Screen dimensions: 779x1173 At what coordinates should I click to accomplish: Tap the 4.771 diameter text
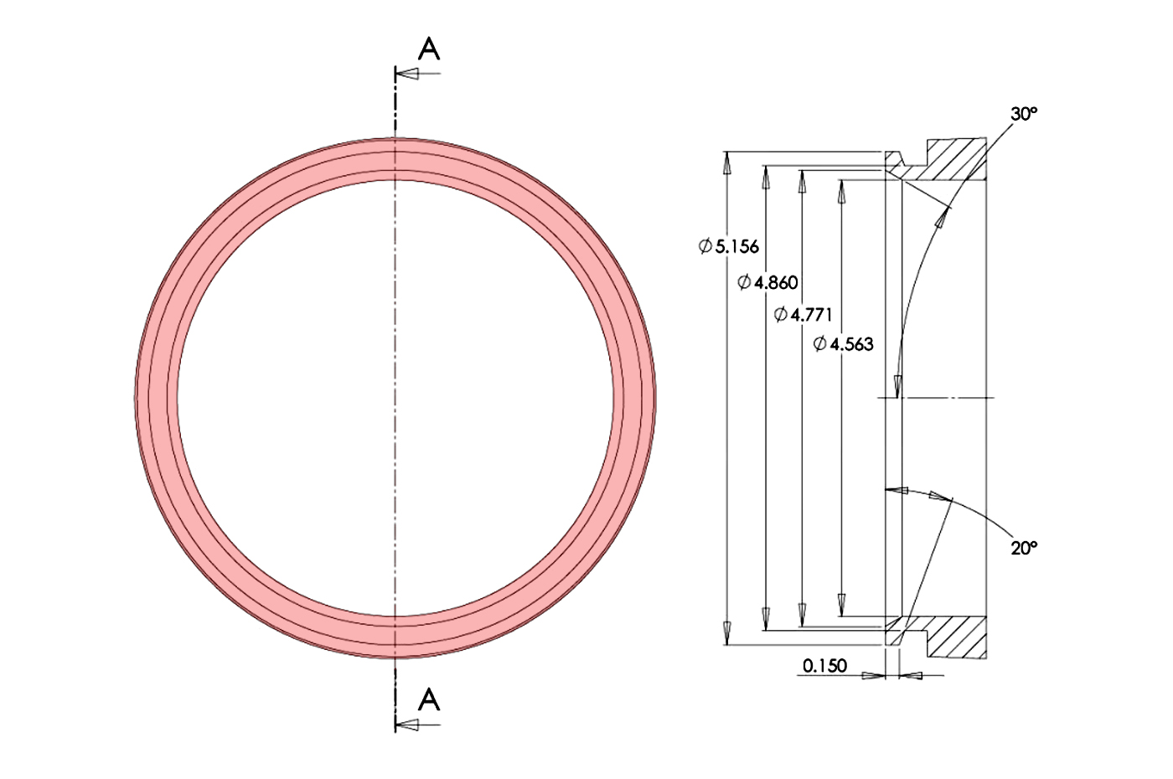(812, 314)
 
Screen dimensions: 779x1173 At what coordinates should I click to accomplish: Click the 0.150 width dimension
(824, 666)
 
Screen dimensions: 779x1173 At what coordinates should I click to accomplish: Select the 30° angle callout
(1024, 113)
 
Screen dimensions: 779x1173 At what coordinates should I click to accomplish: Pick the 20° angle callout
(1024, 548)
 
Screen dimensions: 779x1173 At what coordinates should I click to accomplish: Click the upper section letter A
(429, 49)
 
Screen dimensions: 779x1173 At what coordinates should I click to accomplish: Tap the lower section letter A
(429, 699)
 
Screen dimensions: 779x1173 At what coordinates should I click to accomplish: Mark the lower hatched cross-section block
(955, 637)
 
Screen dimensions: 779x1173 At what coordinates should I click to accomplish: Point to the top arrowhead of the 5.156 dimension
(727, 163)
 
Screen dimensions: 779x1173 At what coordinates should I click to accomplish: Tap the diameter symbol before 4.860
(744, 282)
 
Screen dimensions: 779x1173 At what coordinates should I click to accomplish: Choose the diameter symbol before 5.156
(705, 246)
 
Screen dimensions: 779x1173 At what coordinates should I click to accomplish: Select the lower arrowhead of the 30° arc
(897, 385)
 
